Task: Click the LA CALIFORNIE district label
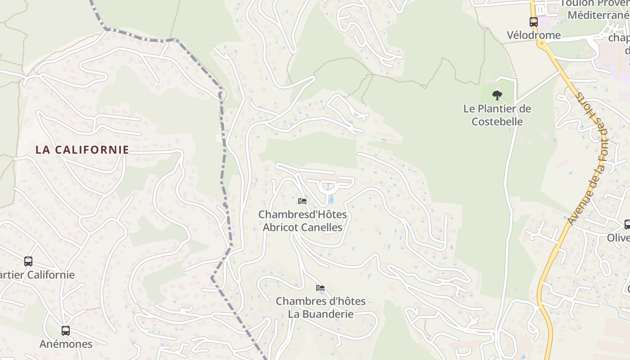pos(82,150)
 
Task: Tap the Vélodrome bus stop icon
pos(534,22)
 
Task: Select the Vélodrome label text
pos(534,35)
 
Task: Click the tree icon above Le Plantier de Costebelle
pos(497,95)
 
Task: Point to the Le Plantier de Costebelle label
pos(497,115)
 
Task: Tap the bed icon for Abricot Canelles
pos(302,201)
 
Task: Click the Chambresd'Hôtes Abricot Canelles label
pos(302,221)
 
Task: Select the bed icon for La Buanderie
pos(320,288)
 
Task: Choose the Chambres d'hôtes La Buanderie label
pos(320,307)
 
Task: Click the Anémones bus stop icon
pos(66,331)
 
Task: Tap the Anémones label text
pos(66,344)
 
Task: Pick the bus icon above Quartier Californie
pos(28,261)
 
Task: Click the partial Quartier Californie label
pos(37,274)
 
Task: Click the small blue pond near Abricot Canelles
pos(331,199)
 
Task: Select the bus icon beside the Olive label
pos(627,224)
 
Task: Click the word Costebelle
pos(497,121)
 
